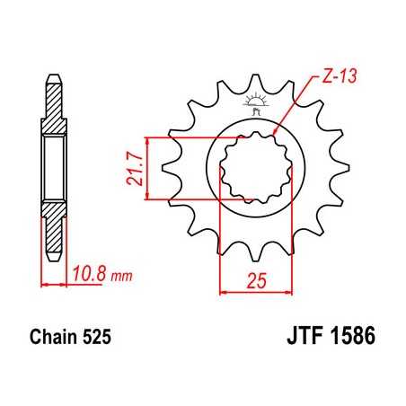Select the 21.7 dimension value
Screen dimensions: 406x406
point(133,168)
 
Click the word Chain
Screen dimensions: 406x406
point(48,342)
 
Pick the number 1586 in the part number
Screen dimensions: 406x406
point(348,342)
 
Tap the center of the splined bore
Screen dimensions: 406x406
point(254,168)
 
